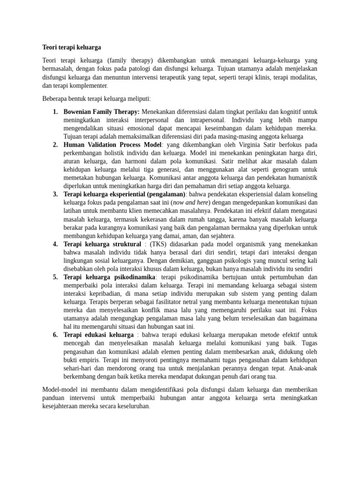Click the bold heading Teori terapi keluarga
pos(71,47)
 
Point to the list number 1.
pos(55,112)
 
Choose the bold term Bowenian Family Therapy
pos(101,112)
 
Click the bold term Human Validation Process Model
pos(112,145)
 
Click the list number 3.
pos(55,194)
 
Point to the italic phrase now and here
pos(190,202)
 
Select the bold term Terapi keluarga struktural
pos(102,244)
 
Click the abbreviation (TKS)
pos(160,244)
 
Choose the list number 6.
pos(55,335)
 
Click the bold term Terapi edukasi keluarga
pos(98,335)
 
